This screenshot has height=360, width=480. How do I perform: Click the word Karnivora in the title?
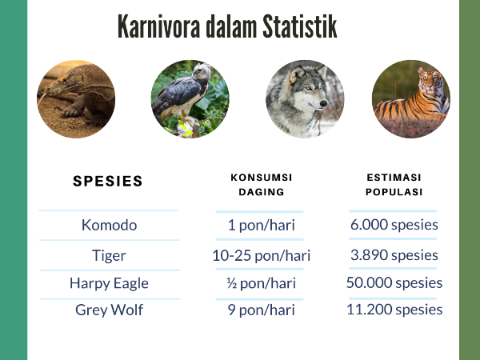(x=158, y=26)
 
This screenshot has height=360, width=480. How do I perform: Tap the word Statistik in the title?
(x=300, y=26)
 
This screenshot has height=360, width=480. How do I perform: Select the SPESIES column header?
(x=108, y=181)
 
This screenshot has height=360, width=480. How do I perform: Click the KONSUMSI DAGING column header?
(x=262, y=185)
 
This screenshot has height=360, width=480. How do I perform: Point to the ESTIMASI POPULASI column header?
(x=394, y=185)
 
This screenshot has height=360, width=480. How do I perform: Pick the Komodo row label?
(x=109, y=226)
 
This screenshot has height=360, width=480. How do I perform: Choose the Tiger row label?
(x=109, y=256)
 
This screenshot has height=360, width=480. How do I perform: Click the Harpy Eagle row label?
(x=109, y=283)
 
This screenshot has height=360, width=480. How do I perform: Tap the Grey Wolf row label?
(x=109, y=310)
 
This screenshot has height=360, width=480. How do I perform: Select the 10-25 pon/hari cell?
(x=262, y=256)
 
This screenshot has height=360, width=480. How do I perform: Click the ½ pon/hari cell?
(x=262, y=283)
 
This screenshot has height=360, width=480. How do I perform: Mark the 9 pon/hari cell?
(x=262, y=310)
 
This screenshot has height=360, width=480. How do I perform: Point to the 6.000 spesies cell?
(x=394, y=225)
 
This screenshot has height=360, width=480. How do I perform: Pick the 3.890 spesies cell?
(x=394, y=255)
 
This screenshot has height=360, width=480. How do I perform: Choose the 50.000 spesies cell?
(x=394, y=282)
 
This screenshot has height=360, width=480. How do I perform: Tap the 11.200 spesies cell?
(x=394, y=310)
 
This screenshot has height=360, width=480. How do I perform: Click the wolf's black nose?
(x=323, y=104)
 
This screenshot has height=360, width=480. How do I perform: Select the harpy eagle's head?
(x=201, y=72)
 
